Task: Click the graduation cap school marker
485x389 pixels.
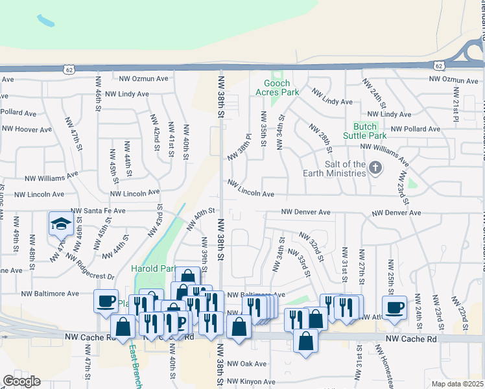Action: pyautogui.click(x=60, y=224)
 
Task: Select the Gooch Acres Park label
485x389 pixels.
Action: pyautogui.click(x=281, y=88)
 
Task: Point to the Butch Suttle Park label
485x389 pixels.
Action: pyautogui.click(x=370, y=130)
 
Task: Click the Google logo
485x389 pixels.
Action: pyautogui.click(x=21, y=381)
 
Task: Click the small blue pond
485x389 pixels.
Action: pyautogui.click(x=46, y=21)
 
